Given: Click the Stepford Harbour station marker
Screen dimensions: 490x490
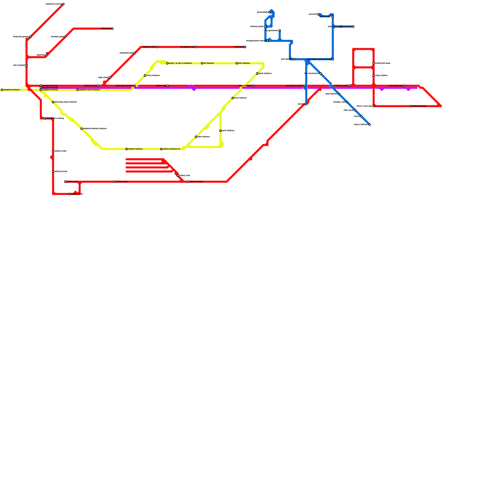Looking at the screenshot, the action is point(2,90).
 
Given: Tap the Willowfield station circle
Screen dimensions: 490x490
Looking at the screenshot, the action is point(112,29).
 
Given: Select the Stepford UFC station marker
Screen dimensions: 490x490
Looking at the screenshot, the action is point(157,47).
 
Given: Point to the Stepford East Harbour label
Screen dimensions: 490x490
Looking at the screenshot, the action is point(90,90).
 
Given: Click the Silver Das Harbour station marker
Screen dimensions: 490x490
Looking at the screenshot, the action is point(135,86).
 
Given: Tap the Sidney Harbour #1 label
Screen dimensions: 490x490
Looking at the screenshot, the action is point(171,149).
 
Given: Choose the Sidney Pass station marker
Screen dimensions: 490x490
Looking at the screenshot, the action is point(115,182).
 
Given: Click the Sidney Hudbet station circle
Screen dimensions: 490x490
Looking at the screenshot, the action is point(188,182).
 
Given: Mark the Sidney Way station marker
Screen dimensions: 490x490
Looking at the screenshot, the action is point(65,182).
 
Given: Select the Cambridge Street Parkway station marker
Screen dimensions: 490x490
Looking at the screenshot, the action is point(333,59).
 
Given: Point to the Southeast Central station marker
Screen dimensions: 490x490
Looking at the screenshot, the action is point(304,86).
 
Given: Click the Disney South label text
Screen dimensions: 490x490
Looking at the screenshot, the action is point(341,86).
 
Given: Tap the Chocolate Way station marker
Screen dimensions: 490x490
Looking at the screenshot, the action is point(404,86).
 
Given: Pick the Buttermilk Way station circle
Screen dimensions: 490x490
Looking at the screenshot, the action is point(410,106).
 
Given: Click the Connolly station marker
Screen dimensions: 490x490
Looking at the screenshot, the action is point(318,14).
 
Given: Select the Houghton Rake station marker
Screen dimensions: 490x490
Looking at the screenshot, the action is point(196,47).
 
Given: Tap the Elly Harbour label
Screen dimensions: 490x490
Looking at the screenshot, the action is point(244,63).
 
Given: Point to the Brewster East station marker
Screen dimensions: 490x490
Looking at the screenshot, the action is point(253,86).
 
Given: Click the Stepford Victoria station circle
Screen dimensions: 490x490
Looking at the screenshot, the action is point(63,4).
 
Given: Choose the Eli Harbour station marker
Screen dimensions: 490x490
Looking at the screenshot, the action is point(202,63).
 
